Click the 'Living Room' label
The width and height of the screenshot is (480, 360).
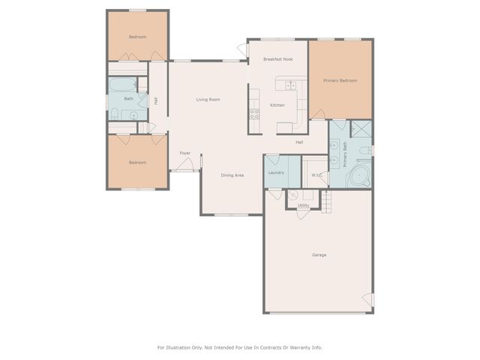coord(208,99)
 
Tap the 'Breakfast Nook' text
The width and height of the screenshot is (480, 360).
coord(277,58)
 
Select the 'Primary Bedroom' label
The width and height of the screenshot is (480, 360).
coord(340,80)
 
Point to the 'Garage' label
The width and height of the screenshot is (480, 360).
coord(319,255)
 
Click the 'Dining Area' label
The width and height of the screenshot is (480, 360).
coord(232,175)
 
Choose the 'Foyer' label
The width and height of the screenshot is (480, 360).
coord(184,153)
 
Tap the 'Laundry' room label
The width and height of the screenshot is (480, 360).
coord(275,173)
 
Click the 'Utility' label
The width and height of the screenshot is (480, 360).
coord(303,205)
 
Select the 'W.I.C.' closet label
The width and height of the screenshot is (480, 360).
coord(316,175)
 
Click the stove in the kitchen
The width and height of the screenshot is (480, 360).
coord(254,114)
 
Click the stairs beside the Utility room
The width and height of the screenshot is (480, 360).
coord(326,200)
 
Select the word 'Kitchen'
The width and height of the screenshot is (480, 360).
coord(277,105)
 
